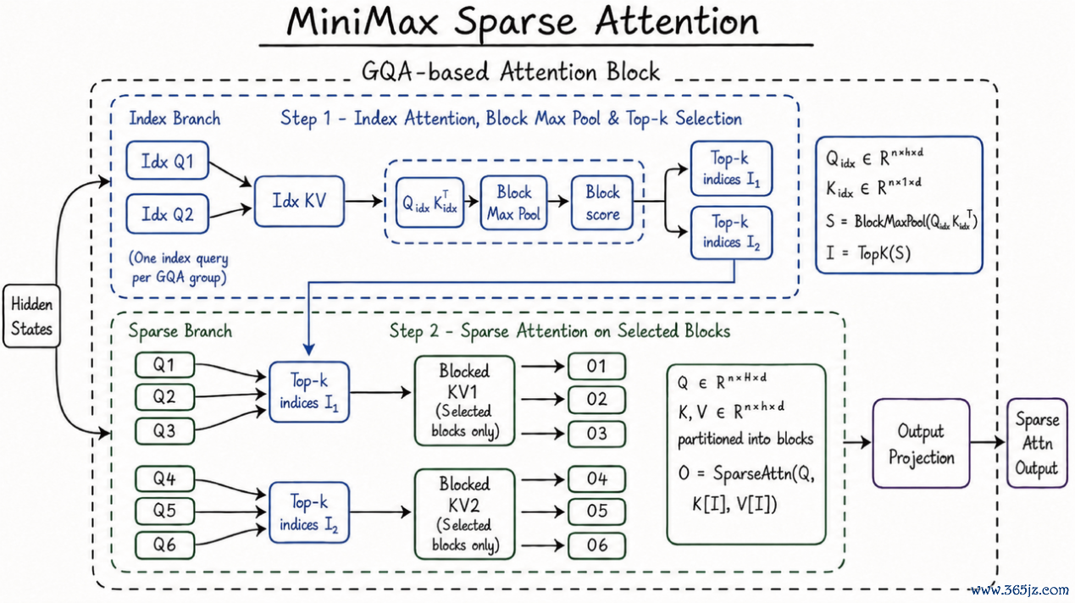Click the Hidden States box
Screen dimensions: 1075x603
31,316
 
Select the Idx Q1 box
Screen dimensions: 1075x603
168,160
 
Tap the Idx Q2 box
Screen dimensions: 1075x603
168,214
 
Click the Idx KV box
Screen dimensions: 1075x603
299,201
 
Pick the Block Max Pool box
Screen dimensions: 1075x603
513,202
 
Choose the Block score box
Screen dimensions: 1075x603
602,202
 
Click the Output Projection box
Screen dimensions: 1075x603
921,443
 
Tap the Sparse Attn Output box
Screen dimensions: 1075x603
1037,443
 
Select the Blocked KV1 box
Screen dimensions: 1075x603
464,401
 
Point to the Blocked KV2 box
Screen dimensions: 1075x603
464,514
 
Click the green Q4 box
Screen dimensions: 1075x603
164,479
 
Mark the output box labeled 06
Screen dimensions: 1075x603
596,545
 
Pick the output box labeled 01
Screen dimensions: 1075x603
596,367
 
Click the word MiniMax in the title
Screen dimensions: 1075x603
363,21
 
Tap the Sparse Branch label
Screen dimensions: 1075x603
180,331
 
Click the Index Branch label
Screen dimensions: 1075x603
175,119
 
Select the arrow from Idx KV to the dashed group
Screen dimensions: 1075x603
363,201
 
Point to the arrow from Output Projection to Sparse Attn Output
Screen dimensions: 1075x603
988,442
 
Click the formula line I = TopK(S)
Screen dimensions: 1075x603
867,253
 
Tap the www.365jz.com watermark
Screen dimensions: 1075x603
1020,589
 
